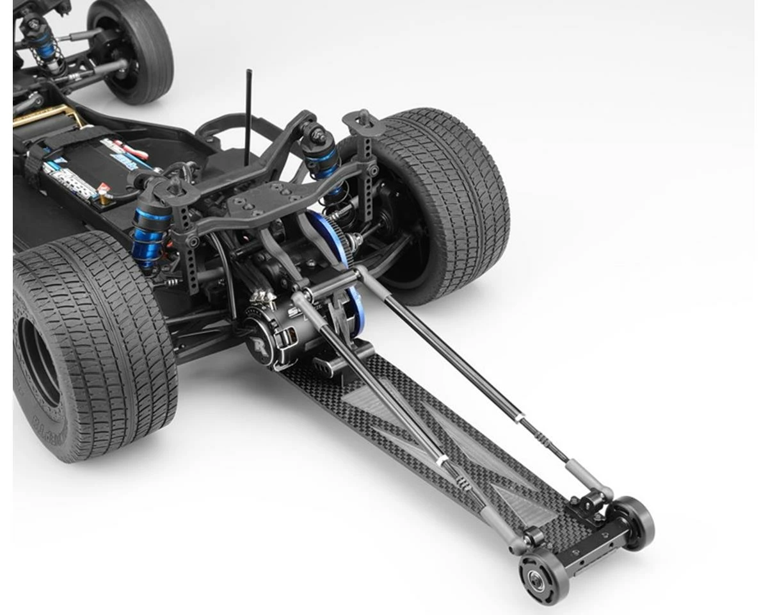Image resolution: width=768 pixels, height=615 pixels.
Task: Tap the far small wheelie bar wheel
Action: coord(634,521)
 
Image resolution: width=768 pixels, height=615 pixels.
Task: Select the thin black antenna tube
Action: coord(248,115)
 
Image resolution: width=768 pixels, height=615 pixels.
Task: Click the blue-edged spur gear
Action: coord(339,256)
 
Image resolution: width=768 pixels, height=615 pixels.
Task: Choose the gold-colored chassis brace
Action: coord(51,119)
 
